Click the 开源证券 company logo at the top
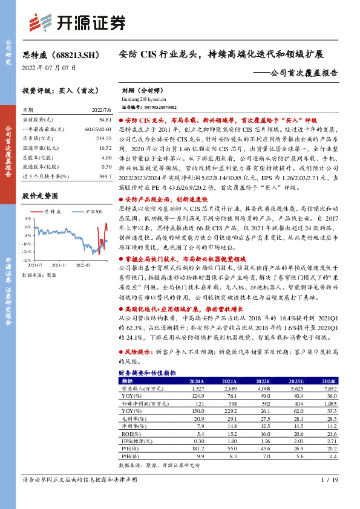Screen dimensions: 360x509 coord(79,22)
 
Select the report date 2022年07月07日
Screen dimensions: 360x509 coord(45,67)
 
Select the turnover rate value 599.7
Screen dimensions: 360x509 coord(105,175)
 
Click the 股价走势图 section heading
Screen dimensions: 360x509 coord(40,196)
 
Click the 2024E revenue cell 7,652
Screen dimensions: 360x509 coord(329,389)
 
